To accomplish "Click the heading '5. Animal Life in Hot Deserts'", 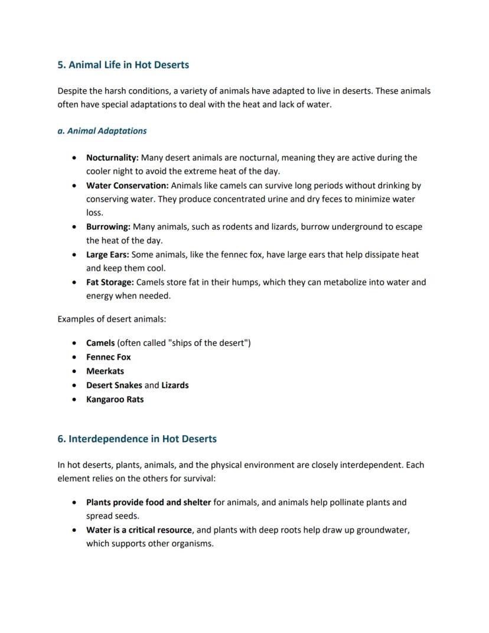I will pos(123,64).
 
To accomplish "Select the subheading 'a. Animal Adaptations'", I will pos(102,131).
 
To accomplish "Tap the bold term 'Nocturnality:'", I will pos(112,158).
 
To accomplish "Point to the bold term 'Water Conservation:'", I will pos(127,186).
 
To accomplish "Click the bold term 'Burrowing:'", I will pos(108,227).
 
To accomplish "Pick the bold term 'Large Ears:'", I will pos(107,255).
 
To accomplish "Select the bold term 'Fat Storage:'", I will pos(110,283).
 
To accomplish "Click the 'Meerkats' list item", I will pos(105,371).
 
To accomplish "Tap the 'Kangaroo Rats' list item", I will pos(115,399).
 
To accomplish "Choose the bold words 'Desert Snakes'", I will pos(114,385).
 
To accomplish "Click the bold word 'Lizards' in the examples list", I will pos(175,385).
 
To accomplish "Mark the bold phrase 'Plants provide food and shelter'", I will pos(148,502).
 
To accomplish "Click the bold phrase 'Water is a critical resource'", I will pos(139,530).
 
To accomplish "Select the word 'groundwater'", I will pos(383,530).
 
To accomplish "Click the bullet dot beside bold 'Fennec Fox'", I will pos(73,358).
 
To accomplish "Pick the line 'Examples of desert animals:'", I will pos(112,319).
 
